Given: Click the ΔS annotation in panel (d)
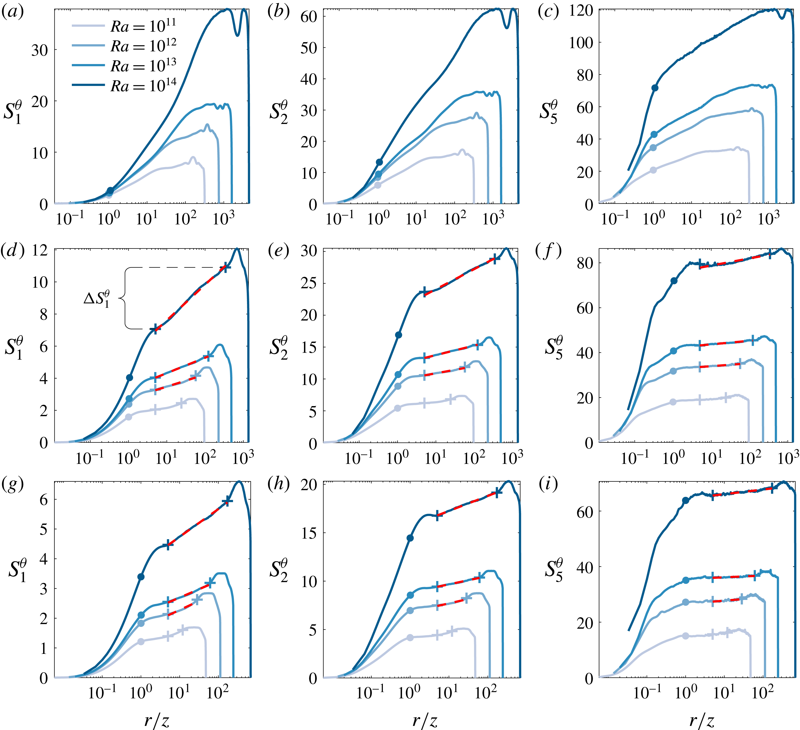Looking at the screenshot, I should pyautogui.click(x=97, y=298).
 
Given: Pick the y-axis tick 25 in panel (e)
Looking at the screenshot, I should pyautogui.click(x=309, y=283).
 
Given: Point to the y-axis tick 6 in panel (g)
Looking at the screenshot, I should pyautogui.click(x=44, y=500).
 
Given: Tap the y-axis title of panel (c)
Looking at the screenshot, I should pyautogui.click(x=548, y=112).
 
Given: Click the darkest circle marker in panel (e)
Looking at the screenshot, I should pyautogui.click(x=398, y=335).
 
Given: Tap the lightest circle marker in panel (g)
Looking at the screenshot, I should pyautogui.click(x=140, y=642).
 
